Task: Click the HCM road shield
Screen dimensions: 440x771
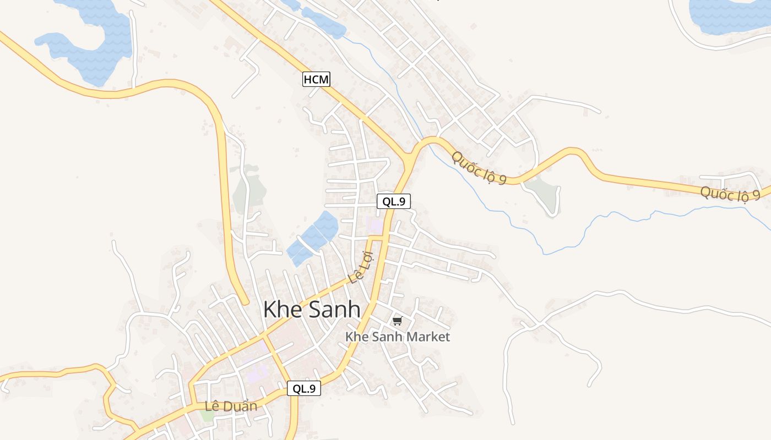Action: coord(316,80)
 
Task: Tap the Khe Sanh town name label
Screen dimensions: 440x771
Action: coord(312,310)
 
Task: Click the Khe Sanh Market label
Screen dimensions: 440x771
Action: coord(398,337)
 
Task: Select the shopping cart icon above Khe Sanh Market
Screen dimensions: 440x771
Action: coord(398,321)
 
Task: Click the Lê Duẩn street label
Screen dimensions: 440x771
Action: coord(231,406)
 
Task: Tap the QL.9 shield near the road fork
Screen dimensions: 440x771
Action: coord(394,201)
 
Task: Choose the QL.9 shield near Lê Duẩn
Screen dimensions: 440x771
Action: coord(304,388)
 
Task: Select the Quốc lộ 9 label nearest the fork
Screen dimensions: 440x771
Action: coord(478,168)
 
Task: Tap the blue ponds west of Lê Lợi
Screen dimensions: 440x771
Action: coord(313,238)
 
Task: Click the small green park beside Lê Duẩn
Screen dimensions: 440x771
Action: coord(207,416)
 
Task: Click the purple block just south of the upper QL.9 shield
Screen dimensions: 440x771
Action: coord(374,224)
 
